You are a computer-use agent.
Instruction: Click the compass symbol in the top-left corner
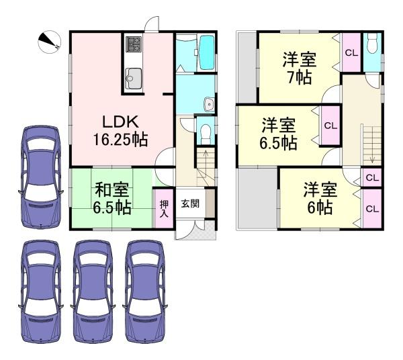coord(49,42)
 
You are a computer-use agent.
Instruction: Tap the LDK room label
coord(120,122)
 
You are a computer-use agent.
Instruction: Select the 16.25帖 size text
coord(120,140)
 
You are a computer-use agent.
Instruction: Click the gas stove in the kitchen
coord(134,44)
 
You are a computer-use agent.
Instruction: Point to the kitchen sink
coord(134,78)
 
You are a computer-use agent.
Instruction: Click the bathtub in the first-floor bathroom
coord(207,52)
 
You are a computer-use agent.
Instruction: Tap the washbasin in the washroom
coord(209,104)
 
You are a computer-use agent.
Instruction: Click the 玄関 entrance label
coord(190,204)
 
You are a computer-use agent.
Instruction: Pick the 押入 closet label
coord(164,209)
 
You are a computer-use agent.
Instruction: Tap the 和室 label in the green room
coord(111,189)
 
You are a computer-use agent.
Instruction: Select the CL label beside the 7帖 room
coord(351,53)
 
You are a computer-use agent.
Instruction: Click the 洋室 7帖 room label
coord(300,68)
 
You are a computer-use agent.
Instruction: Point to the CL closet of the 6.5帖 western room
coord(330,126)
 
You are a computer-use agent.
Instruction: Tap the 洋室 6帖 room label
coord(320,198)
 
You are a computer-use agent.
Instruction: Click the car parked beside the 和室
coord(41,177)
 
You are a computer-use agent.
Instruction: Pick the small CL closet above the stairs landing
coord(372,177)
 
